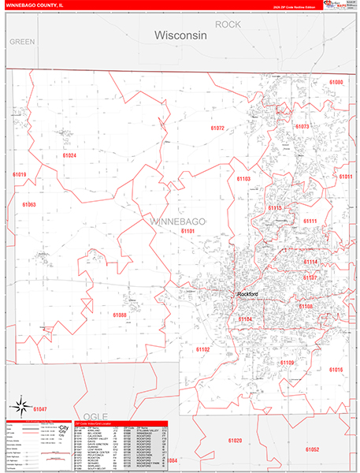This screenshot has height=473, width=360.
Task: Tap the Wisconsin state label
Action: (x=180, y=35)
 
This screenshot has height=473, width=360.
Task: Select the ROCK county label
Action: (x=228, y=24)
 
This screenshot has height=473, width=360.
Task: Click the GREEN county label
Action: (x=23, y=41)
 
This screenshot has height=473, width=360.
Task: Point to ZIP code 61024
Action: (x=69, y=155)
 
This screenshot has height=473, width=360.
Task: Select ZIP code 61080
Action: (x=336, y=83)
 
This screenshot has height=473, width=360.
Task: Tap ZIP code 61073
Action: (x=302, y=126)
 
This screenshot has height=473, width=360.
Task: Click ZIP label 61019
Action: (x=19, y=174)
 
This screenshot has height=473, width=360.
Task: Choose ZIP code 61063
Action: (x=28, y=204)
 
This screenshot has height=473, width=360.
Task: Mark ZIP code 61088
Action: (x=119, y=315)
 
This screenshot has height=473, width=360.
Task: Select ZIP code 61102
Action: (x=202, y=348)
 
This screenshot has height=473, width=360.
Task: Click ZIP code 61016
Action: (x=336, y=370)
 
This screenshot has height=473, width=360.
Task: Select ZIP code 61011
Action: (x=346, y=177)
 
